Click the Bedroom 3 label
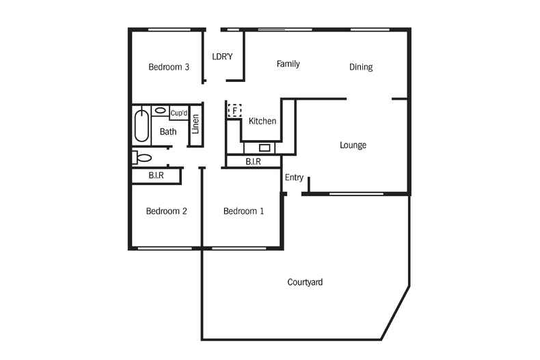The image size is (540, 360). pos(169,67)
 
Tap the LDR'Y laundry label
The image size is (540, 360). pos(222,57)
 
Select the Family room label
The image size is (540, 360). pos(288,64)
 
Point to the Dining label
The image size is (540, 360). pos(361,67)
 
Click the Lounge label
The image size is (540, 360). pos(353,145)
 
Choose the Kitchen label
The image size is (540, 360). pos(262,122)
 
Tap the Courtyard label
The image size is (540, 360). pos(305,281)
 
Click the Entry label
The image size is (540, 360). pos(294,178)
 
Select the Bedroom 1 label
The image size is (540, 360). pos(243,211)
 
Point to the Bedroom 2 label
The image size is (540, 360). pos(166,211)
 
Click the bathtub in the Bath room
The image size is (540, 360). pos(141,126)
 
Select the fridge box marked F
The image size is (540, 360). pos(234,109)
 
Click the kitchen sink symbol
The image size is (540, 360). pos(265,147)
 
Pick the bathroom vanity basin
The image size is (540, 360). pos(160,110)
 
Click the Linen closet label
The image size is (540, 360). pos(195,124)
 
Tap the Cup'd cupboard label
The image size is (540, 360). pos(179,113)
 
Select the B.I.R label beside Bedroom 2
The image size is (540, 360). pos(156,176)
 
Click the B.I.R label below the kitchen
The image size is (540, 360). pos(253,162)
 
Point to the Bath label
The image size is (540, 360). pos(168,132)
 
